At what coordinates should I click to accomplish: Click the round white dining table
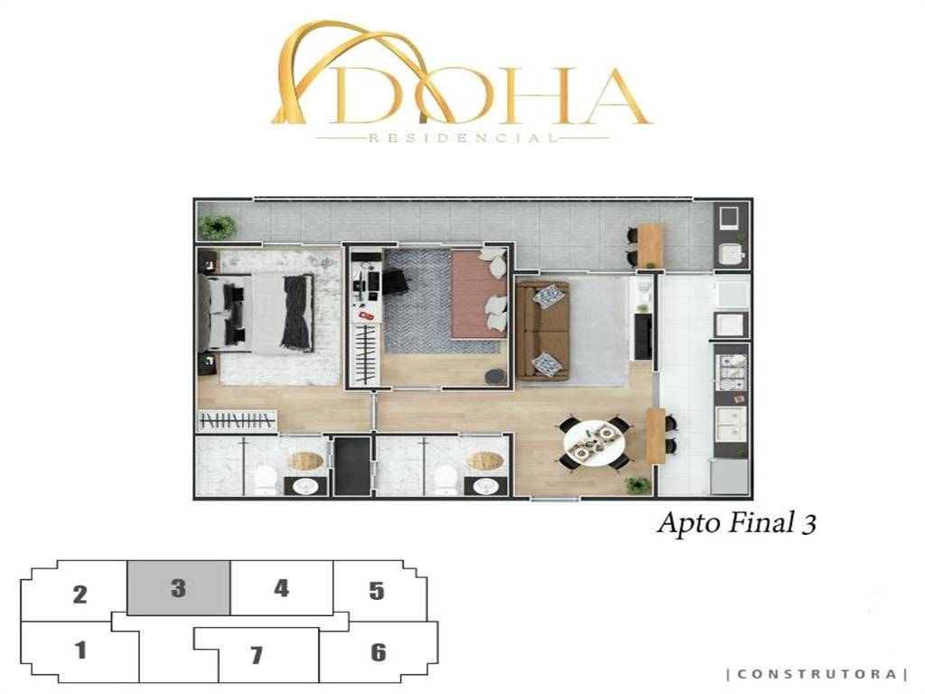pos(593,445)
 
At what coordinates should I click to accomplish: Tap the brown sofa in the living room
pos(543,331)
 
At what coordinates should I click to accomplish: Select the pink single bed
pos(479,294)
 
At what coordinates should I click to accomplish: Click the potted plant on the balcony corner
pos(217,227)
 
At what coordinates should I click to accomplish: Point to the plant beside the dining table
pos(638,485)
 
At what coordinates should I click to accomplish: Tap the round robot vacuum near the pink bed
pos(495,377)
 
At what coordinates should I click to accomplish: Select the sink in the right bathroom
pos(485,486)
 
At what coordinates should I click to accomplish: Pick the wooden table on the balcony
pos(649,244)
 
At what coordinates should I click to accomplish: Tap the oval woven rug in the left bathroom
pos(305,460)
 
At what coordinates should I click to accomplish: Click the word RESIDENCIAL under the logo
pos(462,138)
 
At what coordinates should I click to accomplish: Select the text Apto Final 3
pos(737,523)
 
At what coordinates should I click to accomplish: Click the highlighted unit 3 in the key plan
pos(178,587)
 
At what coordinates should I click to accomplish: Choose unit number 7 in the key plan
pos(256,654)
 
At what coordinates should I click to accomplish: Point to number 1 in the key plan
pos(80,651)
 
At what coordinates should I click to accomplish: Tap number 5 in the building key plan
pos(377,591)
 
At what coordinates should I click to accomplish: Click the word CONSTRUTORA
pos(817,674)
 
